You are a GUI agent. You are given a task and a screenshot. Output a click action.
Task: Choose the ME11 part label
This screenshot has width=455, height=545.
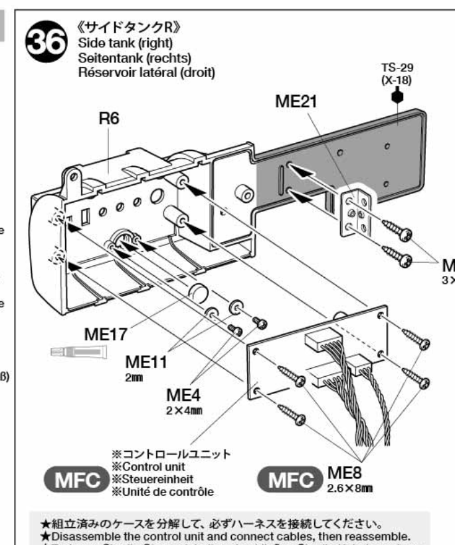(x=147, y=363)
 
